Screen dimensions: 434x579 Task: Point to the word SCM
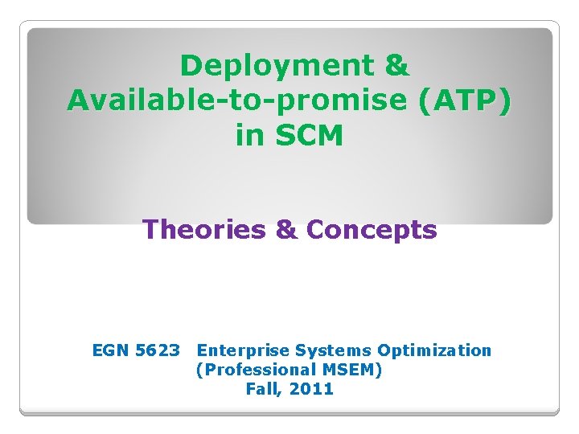point(310,137)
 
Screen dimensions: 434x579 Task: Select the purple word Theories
point(203,231)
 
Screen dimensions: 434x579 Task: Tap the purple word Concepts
point(372,231)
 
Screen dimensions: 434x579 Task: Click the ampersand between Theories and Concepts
point(285,231)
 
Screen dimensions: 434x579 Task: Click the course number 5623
point(158,350)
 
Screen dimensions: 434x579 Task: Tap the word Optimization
point(434,350)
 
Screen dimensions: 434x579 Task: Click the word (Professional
point(248,370)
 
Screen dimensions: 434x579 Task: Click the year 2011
point(312,389)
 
